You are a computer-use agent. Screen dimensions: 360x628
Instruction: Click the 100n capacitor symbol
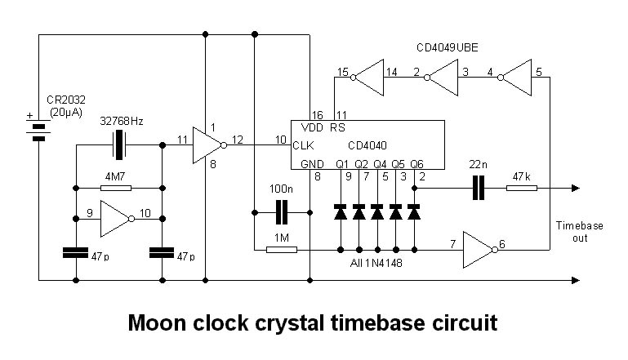282,212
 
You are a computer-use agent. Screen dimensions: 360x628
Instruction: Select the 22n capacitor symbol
479,189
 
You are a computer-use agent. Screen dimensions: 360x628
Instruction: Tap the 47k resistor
522,189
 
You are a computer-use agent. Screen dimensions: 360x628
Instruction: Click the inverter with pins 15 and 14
367,78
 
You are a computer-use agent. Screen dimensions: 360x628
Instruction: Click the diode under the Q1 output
339,213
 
